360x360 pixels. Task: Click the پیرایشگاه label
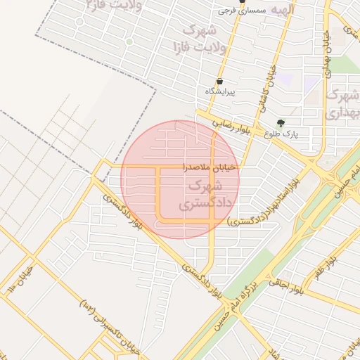220,92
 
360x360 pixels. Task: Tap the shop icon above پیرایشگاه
220,81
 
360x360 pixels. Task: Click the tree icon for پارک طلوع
281,122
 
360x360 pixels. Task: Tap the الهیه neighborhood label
284,10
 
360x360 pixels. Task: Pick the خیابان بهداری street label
326,49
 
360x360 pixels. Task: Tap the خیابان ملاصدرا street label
211,167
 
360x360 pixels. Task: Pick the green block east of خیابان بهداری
345,65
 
